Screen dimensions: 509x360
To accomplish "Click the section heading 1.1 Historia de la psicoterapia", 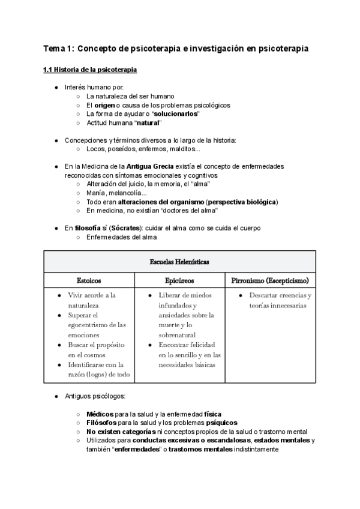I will (90, 70).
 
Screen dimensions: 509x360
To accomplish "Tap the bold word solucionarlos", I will (176, 114).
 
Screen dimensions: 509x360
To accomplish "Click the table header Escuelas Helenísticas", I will (179, 262).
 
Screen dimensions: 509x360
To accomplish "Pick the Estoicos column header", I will (89, 280).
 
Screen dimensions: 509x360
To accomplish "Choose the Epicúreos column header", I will (179, 280).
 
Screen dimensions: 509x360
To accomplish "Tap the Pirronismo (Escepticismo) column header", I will (270, 280).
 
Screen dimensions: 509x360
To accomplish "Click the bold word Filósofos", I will (101, 423).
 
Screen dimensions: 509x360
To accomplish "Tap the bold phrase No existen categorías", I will (120, 432).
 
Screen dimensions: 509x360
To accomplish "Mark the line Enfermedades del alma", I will (122, 237).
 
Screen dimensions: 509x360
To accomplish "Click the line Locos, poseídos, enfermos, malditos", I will (143, 149).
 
